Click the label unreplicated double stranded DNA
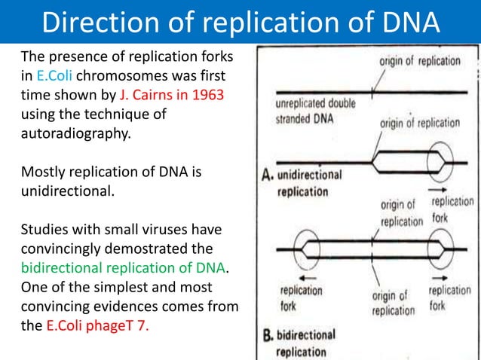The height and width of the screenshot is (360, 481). (310, 111)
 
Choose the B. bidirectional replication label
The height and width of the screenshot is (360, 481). (302, 343)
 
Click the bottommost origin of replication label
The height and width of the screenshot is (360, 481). (392, 303)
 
